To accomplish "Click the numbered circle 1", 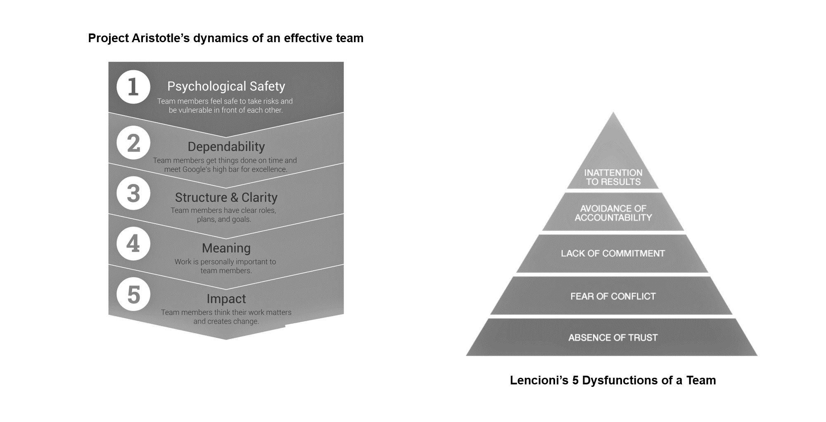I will (x=133, y=87).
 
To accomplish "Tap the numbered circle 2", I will (x=133, y=143).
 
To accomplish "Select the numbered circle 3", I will (x=133, y=193).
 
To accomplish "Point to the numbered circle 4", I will (x=133, y=243).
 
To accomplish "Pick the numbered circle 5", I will (x=133, y=294).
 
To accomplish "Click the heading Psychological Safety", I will (x=226, y=86).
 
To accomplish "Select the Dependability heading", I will (x=226, y=147).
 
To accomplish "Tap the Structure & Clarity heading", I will (x=226, y=198).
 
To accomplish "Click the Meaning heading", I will (x=226, y=248).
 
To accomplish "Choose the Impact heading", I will (x=226, y=299).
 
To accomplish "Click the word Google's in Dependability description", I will (x=197, y=169).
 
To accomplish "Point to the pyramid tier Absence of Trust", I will (x=612, y=338).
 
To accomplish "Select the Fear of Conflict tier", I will (x=612, y=296).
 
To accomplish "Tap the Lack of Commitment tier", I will (x=612, y=253).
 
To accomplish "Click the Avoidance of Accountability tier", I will (x=613, y=213).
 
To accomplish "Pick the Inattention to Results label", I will (x=613, y=177).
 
